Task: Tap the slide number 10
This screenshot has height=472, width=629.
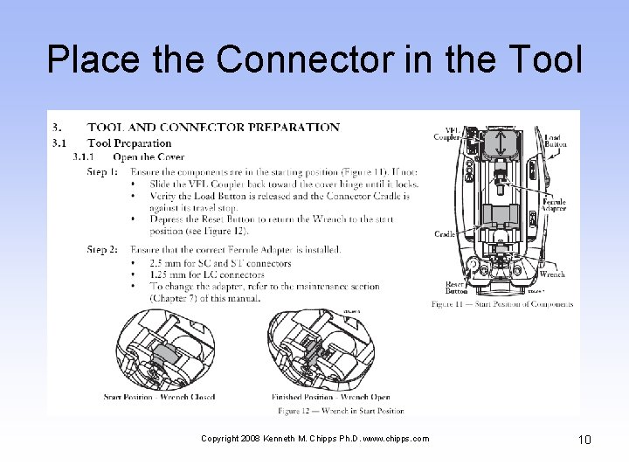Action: (584, 440)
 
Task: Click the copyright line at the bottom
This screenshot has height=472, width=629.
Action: (314, 439)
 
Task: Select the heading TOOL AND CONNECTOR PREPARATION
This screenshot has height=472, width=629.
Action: (213, 128)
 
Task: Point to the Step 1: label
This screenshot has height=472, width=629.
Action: (102, 172)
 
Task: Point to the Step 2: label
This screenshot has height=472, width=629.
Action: (102, 250)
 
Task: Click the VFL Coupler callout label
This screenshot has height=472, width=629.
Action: (446, 133)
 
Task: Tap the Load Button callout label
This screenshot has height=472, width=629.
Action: (555, 142)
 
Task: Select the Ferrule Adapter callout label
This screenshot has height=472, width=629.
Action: (554, 206)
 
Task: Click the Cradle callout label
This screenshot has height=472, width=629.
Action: (445, 234)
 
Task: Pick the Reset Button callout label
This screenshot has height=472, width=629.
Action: (455, 288)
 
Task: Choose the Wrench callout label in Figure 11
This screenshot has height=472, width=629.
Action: (552, 274)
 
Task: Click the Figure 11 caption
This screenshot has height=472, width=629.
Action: (502, 304)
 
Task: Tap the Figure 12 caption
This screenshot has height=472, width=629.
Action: (340, 410)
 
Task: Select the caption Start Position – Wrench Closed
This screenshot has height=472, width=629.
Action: (159, 397)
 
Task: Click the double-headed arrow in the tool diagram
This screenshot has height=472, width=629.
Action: (499, 143)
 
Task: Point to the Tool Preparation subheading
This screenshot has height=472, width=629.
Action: (129, 142)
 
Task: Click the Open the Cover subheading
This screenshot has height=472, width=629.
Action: (148, 157)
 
